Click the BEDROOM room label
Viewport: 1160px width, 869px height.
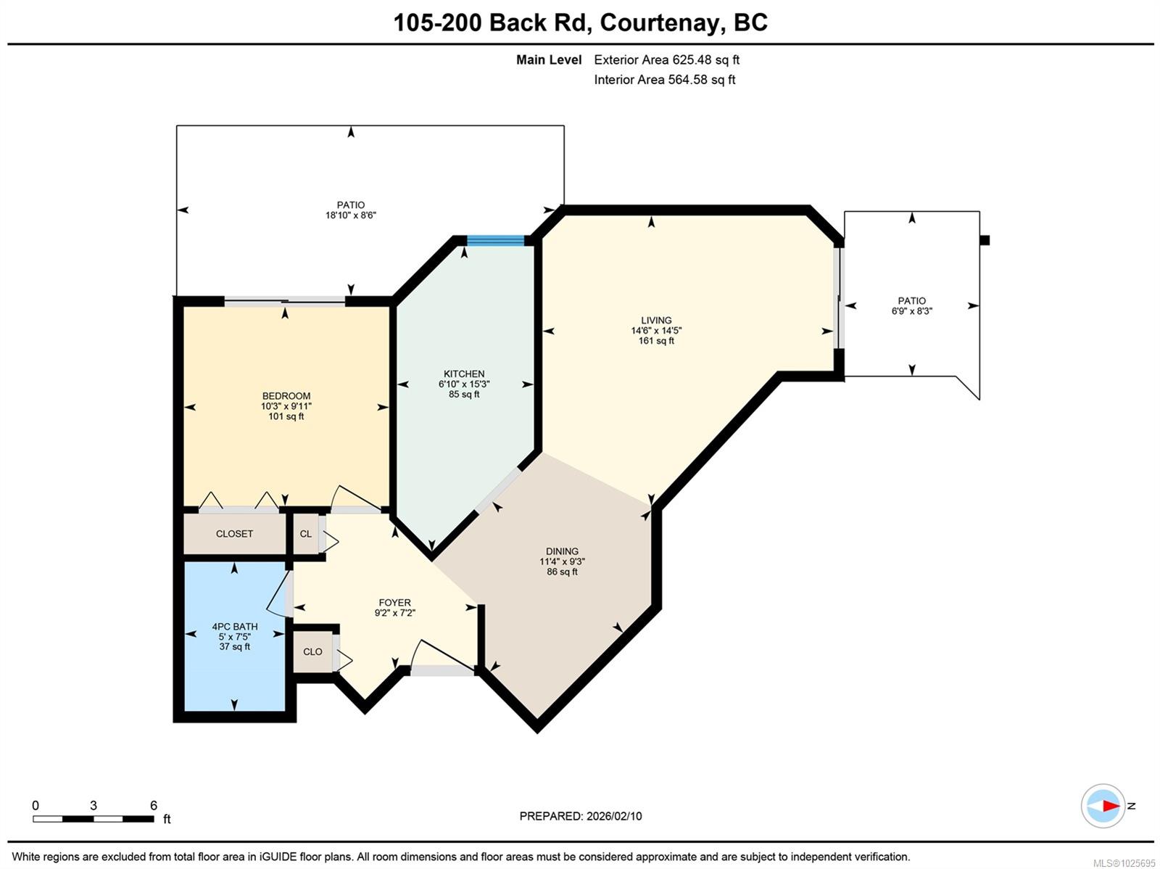pyautogui.click(x=286, y=396)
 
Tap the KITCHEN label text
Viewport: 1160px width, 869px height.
pyautogui.click(x=464, y=374)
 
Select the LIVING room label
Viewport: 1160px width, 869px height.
pyautogui.click(x=656, y=321)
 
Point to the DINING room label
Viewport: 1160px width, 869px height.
pyautogui.click(x=562, y=551)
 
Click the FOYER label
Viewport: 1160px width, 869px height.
pyautogui.click(x=394, y=603)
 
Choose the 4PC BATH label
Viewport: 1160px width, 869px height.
pyautogui.click(x=235, y=627)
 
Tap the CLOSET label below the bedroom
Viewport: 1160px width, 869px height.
pyautogui.click(x=234, y=534)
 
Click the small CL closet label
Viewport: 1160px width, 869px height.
pyautogui.click(x=306, y=534)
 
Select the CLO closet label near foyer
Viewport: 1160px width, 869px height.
pyautogui.click(x=312, y=651)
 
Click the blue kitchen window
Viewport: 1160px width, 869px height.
pyautogui.click(x=495, y=241)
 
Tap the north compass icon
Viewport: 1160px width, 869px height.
pyautogui.click(x=1103, y=806)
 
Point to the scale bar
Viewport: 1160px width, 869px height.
pyautogui.click(x=94, y=819)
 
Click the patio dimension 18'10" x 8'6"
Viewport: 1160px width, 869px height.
pyautogui.click(x=351, y=215)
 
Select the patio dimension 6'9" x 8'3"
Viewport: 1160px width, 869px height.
pyautogui.click(x=911, y=311)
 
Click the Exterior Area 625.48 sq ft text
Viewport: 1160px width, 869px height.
pyautogui.click(x=666, y=60)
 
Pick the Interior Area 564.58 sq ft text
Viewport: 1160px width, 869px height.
pyautogui.click(x=665, y=80)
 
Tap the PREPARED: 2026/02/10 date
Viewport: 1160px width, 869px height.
pyautogui.click(x=580, y=816)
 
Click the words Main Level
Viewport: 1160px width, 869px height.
pyautogui.click(x=549, y=60)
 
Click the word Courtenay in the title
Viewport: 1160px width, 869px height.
pyautogui.click(x=660, y=22)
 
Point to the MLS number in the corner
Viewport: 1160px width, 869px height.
pyautogui.click(x=1124, y=863)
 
